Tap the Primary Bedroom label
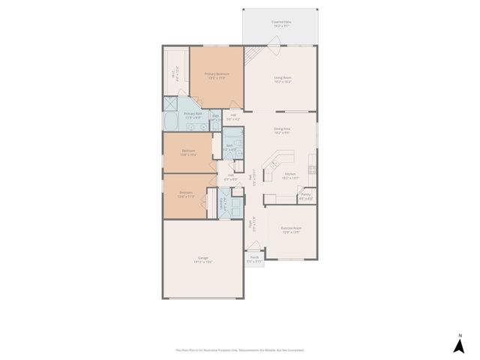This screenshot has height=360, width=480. point(217,75)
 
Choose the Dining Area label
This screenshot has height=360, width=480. point(282,130)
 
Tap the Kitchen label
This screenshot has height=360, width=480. point(289,176)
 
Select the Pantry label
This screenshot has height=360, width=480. point(305,196)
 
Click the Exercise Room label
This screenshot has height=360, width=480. point(290,230)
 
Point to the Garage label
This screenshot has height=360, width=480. point(203,259)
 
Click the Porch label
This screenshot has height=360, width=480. point(255,259)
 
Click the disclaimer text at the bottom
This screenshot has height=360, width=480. point(240,349)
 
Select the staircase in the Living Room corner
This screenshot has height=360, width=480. point(254,54)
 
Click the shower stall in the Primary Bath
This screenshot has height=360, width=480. point(171,104)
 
